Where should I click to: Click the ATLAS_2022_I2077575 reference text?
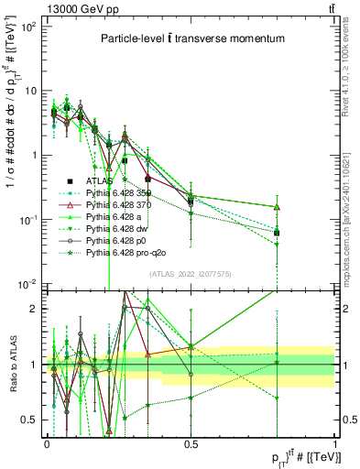(x=190, y=274)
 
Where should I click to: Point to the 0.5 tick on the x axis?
(x=191, y=443)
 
